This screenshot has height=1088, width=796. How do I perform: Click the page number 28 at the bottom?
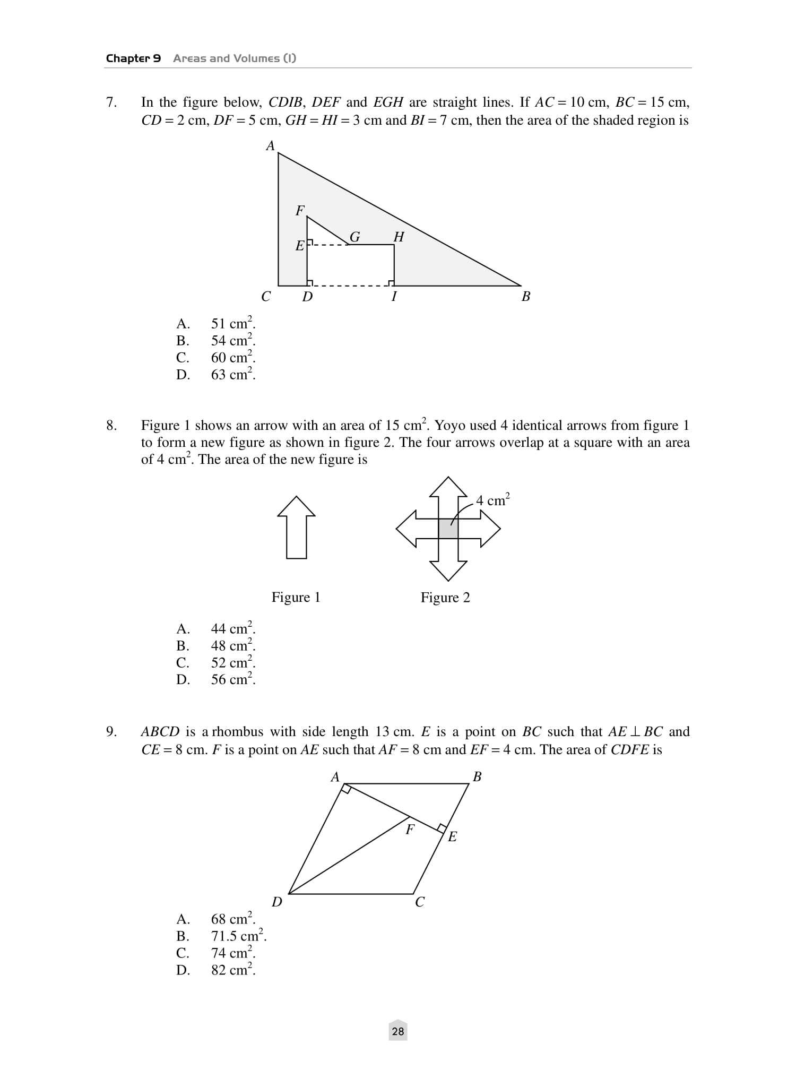(x=398, y=1031)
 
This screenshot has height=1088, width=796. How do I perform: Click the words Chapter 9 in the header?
(x=133, y=58)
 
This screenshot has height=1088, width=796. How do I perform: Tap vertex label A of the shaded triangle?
(x=271, y=146)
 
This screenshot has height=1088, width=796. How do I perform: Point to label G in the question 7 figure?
(x=355, y=237)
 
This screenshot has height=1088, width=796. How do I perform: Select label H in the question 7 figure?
(x=399, y=237)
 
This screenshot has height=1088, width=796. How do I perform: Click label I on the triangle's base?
(x=394, y=297)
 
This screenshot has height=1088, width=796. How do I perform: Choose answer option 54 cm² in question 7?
(x=232, y=341)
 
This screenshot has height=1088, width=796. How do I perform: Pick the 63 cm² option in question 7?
(x=232, y=375)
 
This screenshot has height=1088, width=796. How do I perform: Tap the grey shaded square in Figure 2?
(x=448, y=529)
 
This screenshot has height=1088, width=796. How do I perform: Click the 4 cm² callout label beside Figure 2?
(x=493, y=500)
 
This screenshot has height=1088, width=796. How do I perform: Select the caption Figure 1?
(x=296, y=598)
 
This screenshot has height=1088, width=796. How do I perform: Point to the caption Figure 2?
(x=445, y=598)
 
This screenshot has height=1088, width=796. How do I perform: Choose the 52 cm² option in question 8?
(x=232, y=663)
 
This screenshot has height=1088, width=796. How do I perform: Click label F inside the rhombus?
(x=410, y=830)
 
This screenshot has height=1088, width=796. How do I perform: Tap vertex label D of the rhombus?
(x=277, y=902)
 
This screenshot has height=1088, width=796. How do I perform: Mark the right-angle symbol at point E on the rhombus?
(x=441, y=828)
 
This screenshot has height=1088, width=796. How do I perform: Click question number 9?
(x=111, y=732)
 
